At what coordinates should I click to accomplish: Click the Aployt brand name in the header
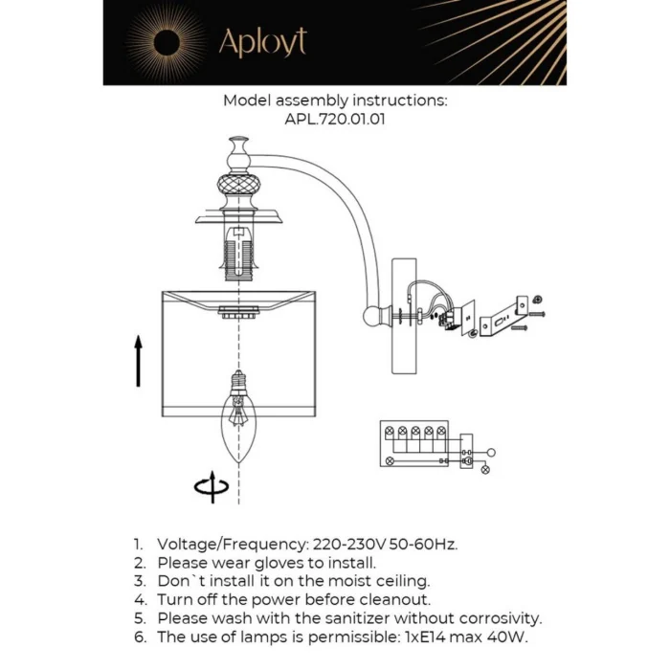262,43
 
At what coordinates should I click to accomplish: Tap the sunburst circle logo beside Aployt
166,43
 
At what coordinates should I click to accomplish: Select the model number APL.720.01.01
335,120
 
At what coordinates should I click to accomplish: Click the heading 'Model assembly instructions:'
335,100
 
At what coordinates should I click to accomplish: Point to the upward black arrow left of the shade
138,361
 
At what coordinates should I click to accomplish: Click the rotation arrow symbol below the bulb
212,487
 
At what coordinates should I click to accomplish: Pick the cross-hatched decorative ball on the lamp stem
237,183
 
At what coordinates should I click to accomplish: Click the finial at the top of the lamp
237,151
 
